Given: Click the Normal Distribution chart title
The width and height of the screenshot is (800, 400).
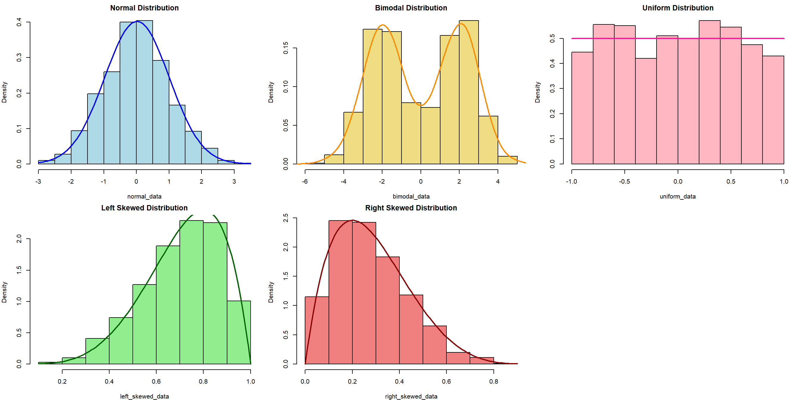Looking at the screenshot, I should click(144, 8).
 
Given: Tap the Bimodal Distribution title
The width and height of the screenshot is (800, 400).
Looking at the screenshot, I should click(411, 8).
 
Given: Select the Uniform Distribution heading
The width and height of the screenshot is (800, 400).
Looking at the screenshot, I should click(678, 8).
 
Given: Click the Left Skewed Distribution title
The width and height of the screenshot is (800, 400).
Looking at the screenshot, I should click(144, 208).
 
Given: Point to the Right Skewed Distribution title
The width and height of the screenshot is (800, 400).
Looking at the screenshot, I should click(411, 208).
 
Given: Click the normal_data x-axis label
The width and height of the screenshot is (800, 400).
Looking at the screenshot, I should click(144, 196).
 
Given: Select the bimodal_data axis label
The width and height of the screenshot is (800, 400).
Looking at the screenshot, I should click(411, 196).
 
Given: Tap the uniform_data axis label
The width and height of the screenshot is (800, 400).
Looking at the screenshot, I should click(678, 196).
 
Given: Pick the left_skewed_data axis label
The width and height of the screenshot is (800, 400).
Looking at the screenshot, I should click(144, 396).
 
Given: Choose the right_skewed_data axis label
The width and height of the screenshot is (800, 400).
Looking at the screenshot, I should click(411, 396).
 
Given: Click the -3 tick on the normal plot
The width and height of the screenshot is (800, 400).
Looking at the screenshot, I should click(38, 181).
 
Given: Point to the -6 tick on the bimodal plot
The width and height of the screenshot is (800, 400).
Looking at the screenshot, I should click(305, 181).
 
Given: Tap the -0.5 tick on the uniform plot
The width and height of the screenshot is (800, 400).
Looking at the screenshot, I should click(624, 181).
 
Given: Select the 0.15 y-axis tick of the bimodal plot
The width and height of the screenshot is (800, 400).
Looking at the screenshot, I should click(286, 48).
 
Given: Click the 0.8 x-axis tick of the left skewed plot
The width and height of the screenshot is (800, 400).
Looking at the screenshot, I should click(203, 381).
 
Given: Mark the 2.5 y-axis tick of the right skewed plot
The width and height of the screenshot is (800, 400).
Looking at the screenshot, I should click(286, 218).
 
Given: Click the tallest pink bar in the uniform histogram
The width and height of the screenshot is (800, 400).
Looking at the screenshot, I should click(710, 93).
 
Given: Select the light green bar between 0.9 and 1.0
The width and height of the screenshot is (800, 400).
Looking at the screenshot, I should click(239, 332).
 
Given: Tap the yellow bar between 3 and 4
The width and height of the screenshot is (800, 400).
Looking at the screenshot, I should click(488, 140).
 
